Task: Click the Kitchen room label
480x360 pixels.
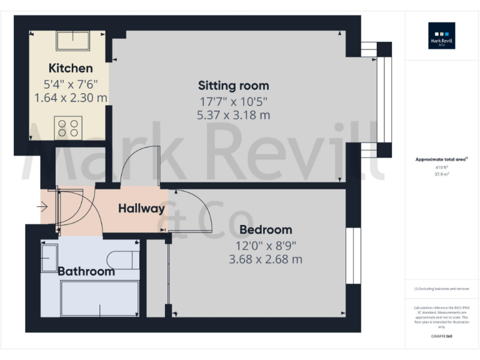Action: (71, 68)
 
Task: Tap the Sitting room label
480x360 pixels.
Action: (233, 86)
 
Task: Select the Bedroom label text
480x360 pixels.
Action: (266, 229)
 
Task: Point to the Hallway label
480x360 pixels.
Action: (141, 209)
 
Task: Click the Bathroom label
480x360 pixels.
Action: (86, 271)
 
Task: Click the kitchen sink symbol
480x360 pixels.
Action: (73, 41)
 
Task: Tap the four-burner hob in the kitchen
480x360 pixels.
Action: (67, 128)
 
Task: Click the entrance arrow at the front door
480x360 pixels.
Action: (46, 206)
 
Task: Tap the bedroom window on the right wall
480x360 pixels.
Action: (354, 255)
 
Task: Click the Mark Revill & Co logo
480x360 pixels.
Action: (441, 36)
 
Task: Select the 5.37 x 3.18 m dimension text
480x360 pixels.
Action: (233, 115)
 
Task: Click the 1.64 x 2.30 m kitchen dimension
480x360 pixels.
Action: (71, 98)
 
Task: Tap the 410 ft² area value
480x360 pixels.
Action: (441, 167)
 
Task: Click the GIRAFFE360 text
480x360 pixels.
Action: (441, 336)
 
